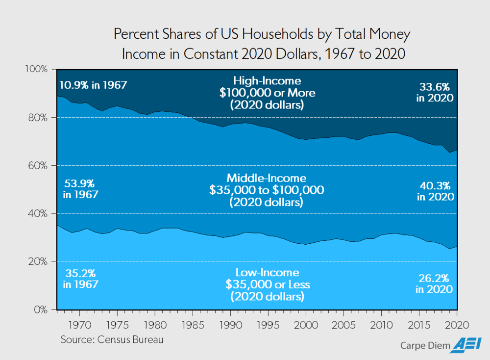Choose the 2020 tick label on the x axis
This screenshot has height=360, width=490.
pyautogui.click(x=457, y=325)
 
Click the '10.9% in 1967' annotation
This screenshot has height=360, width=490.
pyautogui.click(x=94, y=85)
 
